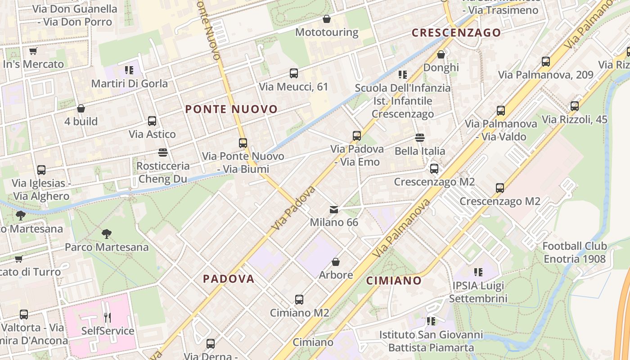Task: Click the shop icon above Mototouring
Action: pyautogui.click(x=327, y=19)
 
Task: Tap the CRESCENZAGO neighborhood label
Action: pyautogui.click(x=456, y=32)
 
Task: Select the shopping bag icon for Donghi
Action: pyautogui.click(x=441, y=54)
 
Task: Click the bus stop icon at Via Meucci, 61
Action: pyautogui.click(x=294, y=73)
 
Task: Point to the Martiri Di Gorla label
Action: pyautogui.click(x=129, y=83)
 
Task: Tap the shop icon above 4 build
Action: pyautogui.click(x=81, y=108)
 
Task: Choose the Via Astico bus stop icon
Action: pyautogui.click(x=152, y=121)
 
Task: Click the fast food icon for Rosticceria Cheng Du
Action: pyautogui.click(x=163, y=153)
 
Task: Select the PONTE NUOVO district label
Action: pyautogui.click(x=231, y=109)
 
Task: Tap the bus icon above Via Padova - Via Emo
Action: pyautogui.click(x=357, y=135)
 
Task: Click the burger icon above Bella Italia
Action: pyautogui.click(x=420, y=138)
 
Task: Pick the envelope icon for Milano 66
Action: pyautogui.click(x=334, y=209)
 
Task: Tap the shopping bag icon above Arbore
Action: pyautogui.click(x=336, y=262)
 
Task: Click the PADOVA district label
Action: pyautogui.click(x=229, y=279)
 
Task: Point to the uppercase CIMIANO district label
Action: pyautogui.click(x=394, y=281)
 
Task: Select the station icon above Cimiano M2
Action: pyautogui.click(x=299, y=300)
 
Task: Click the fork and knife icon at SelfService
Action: pyautogui.click(x=108, y=318)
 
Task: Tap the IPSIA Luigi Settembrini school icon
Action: pyautogui.click(x=478, y=272)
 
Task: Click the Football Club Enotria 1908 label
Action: pyautogui.click(x=574, y=252)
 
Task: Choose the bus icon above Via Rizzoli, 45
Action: pyautogui.click(x=575, y=106)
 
